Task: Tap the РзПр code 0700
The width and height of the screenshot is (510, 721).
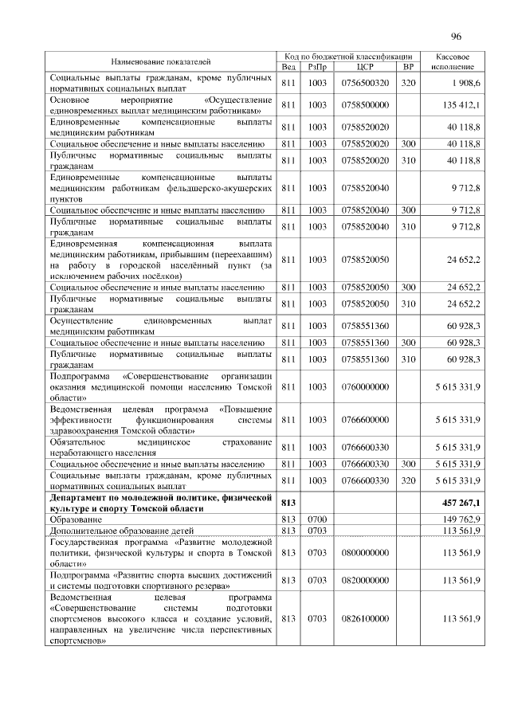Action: pyautogui.click(x=317, y=519)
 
